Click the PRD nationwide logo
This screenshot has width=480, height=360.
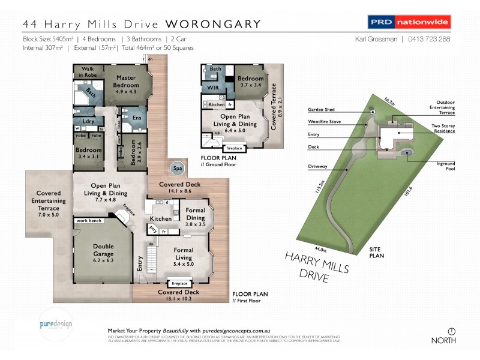click(x=409, y=23)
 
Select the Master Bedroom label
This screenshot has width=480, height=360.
click(x=126, y=82)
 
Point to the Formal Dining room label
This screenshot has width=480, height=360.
click(x=196, y=214)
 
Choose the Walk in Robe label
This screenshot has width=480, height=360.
click(x=88, y=72)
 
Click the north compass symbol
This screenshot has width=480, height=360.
click(x=451, y=331)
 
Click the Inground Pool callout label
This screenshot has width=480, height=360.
click(x=446, y=166)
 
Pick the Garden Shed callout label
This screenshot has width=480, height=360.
click(x=321, y=110)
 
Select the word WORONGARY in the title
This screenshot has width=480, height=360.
click(x=213, y=25)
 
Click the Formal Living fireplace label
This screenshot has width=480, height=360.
click(x=179, y=283)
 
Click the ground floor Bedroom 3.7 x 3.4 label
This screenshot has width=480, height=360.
click(x=250, y=82)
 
